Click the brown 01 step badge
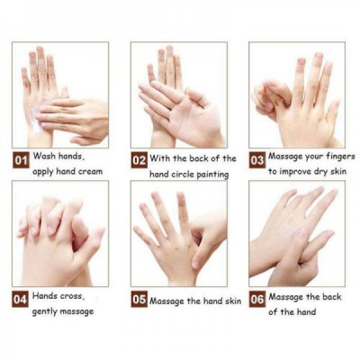21,160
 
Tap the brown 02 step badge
139,160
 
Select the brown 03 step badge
257,160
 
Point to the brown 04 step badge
21,299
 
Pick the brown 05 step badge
139,299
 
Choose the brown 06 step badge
257,299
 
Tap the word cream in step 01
90,172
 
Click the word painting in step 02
213,175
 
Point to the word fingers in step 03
340,157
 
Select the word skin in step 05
233,301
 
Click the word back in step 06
332,297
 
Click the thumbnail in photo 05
196,265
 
